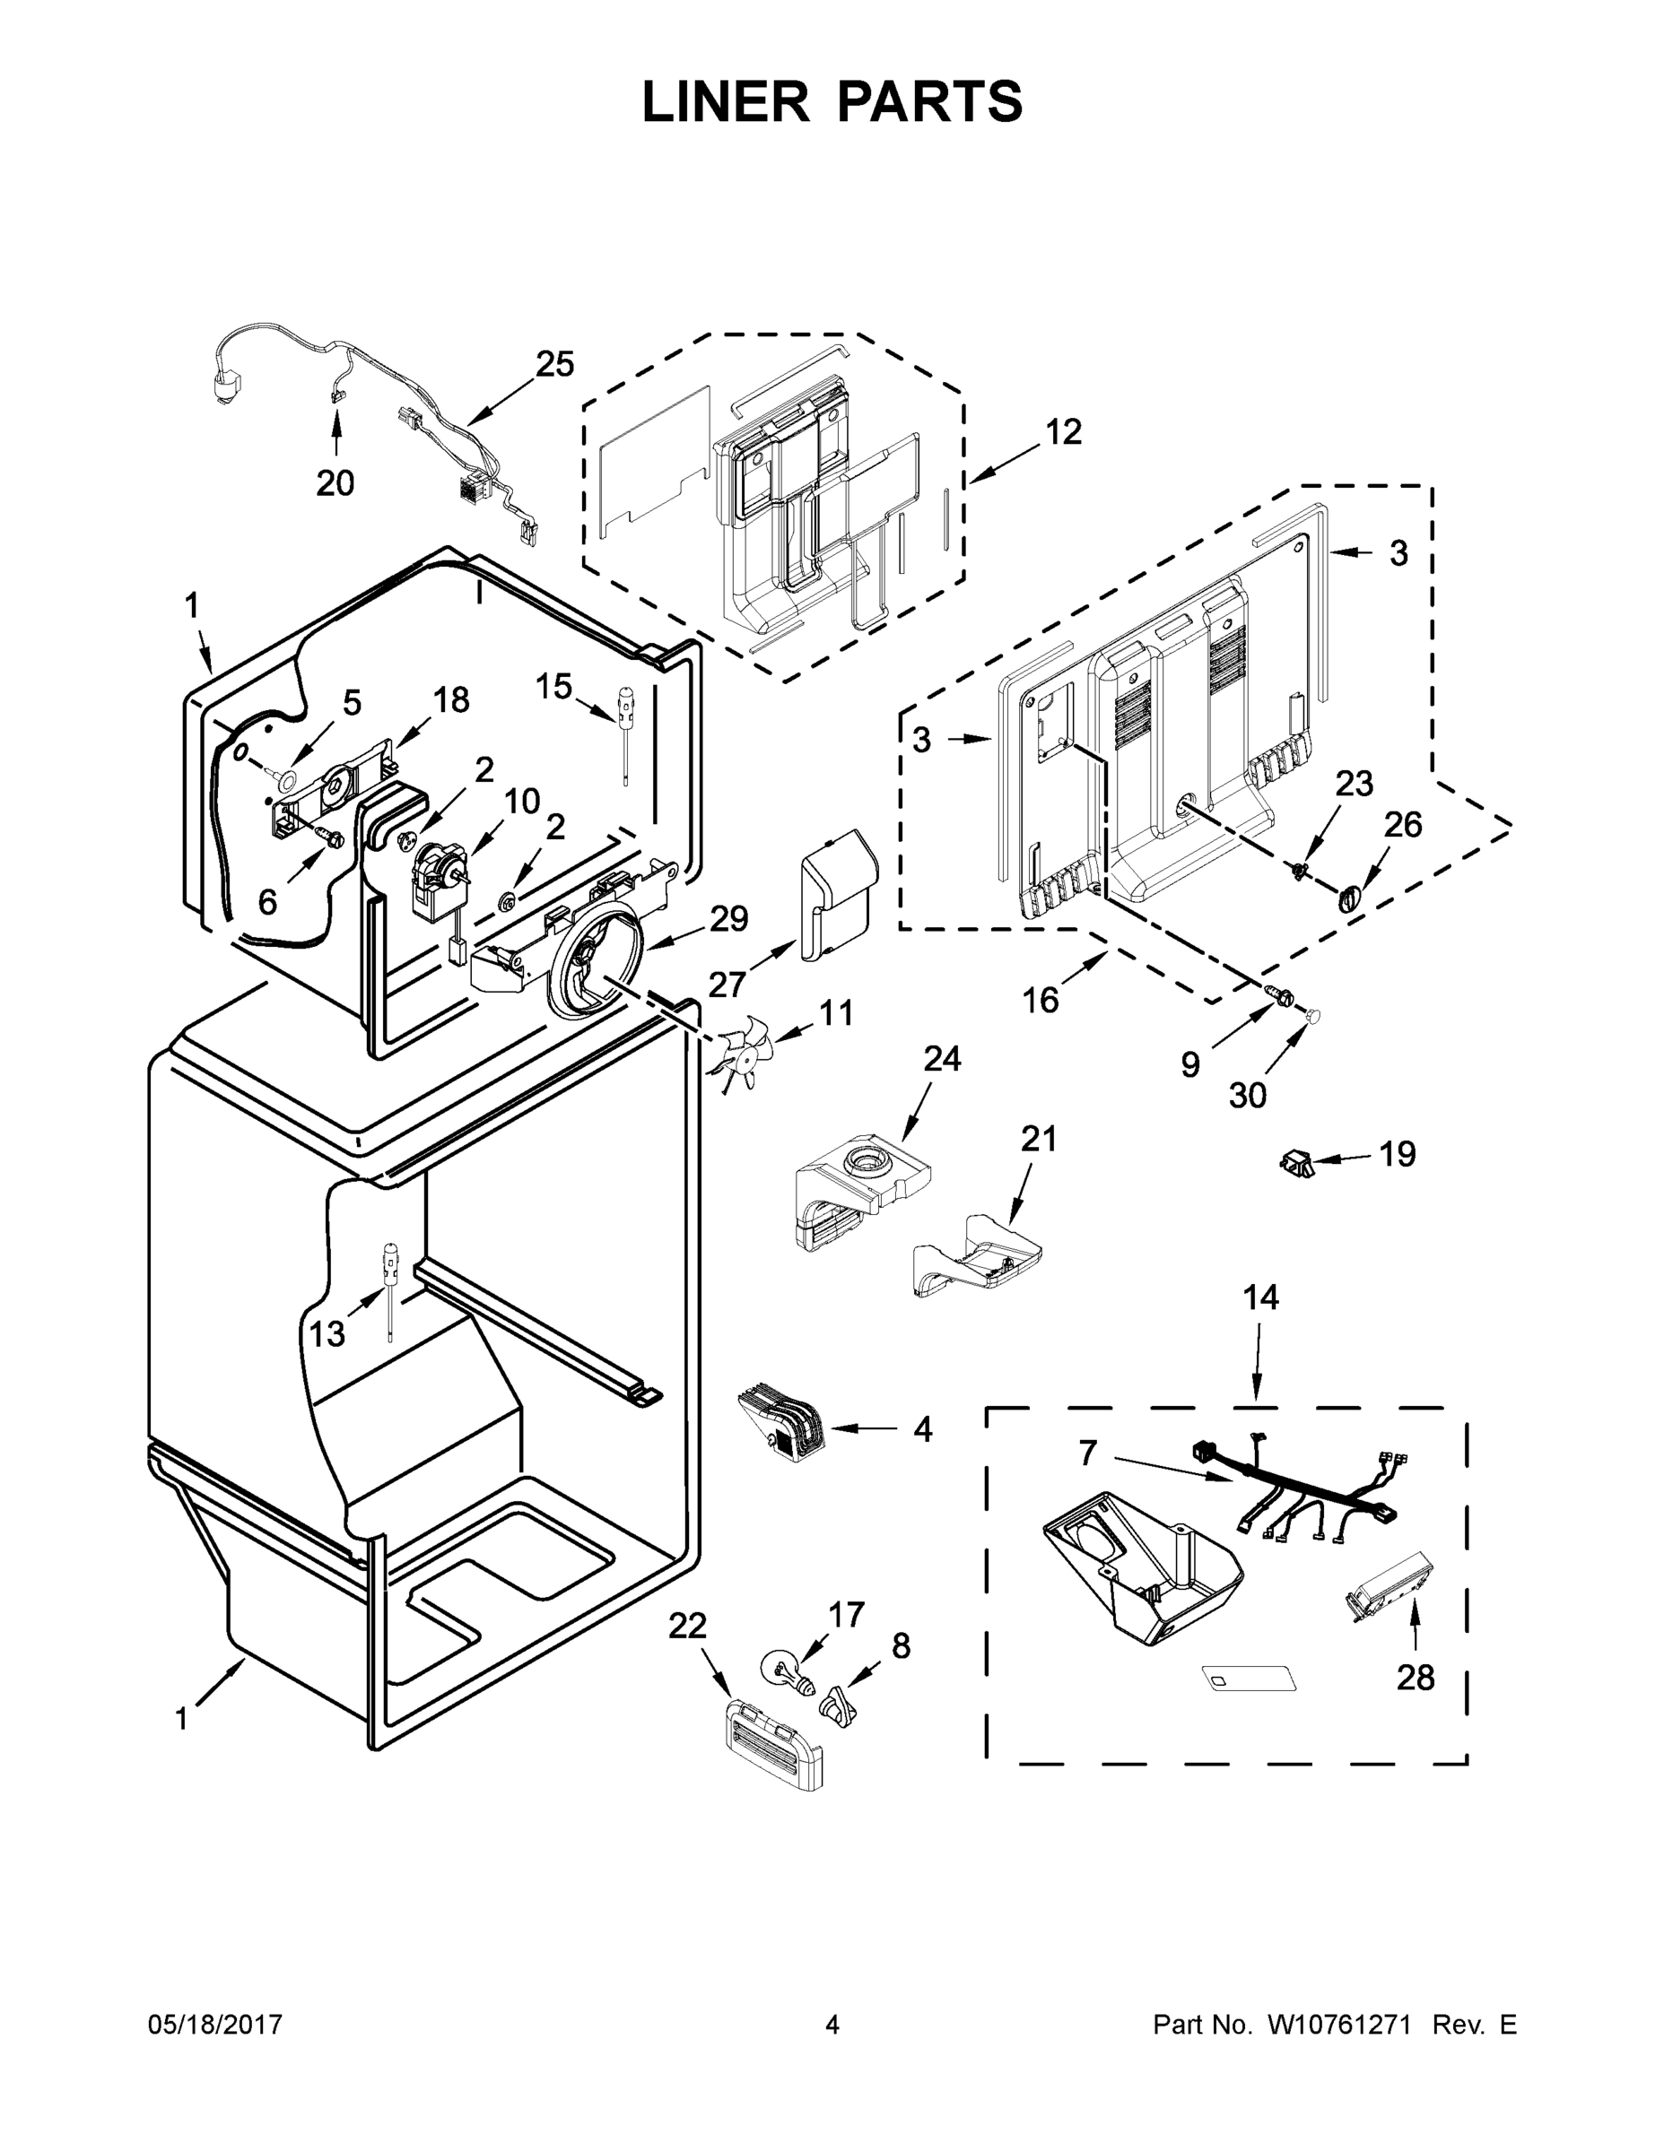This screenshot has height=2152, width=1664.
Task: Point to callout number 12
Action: pos(1064,430)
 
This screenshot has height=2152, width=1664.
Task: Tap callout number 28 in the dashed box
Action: pos(1415,1677)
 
